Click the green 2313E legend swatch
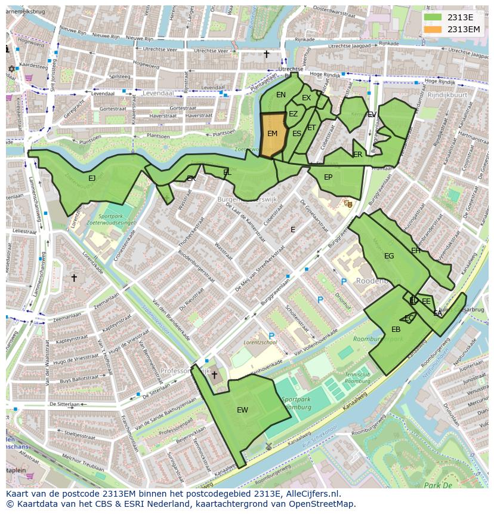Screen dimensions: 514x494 433,18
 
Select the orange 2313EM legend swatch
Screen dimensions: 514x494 433,29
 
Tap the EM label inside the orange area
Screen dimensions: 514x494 272,134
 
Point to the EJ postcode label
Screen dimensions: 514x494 92,178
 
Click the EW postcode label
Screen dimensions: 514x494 242,410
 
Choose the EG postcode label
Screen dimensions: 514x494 389,256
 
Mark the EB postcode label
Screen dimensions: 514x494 396,330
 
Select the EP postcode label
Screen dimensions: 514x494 328,177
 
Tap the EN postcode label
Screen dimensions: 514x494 281,95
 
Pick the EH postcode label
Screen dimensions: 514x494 416,251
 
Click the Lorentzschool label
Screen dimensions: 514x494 260,343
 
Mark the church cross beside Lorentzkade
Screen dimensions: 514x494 74,278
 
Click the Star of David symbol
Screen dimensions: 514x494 11,69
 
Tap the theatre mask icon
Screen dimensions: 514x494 348,204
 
